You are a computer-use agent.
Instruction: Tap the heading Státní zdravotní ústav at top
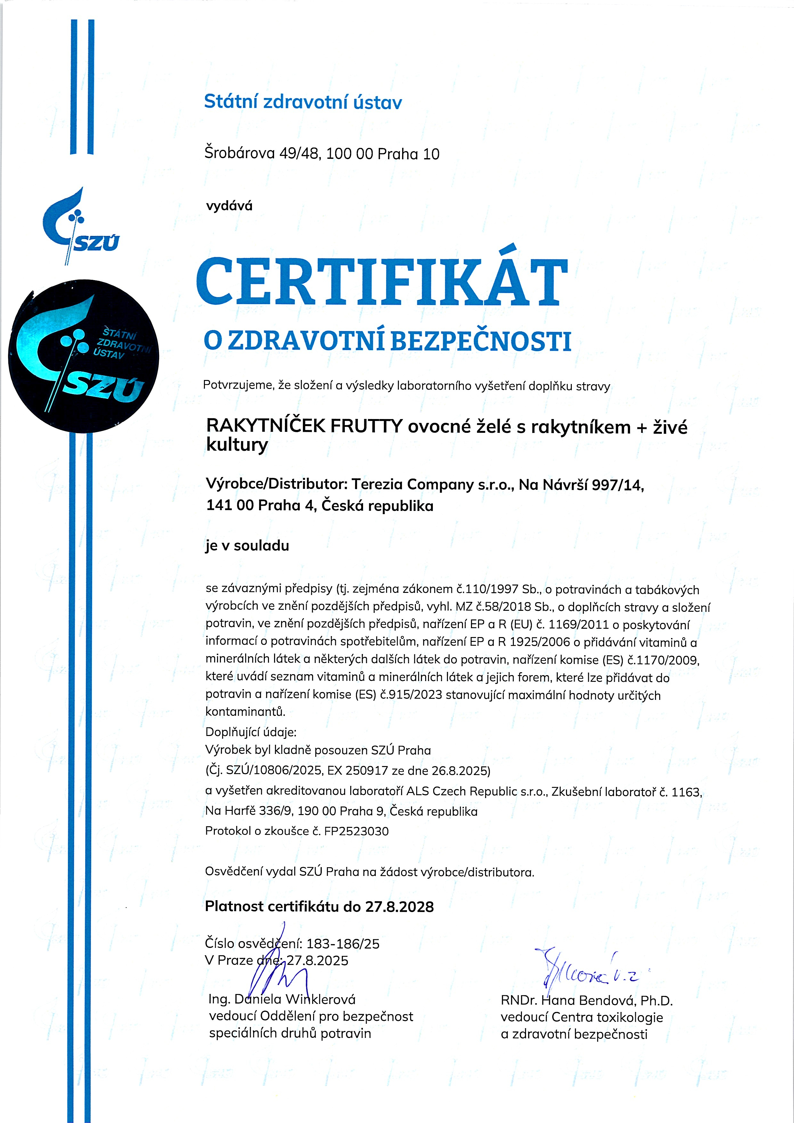pyautogui.click(x=303, y=102)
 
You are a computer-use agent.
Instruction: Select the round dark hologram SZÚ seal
pyautogui.click(x=84, y=356)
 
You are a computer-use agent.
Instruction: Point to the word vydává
pyautogui.click(x=229, y=206)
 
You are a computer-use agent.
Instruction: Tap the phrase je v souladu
pyautogui.click(x=247, y=545)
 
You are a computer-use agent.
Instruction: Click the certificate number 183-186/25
pyautogui.click(x=343, y=943)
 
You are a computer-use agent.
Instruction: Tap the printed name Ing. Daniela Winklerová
pyautogui.click(x=282, y=999)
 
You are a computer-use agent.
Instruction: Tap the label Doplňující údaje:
pyautogui.click(x=250, y=732)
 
